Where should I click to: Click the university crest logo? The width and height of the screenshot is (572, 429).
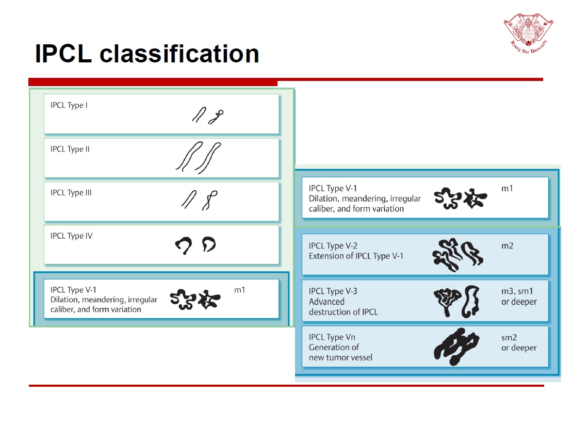[528, 32]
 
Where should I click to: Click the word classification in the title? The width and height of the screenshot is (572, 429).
[179, 54]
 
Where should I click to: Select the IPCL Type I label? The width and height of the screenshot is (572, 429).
[69, 105]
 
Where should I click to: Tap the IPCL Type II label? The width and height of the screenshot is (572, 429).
[70, 149]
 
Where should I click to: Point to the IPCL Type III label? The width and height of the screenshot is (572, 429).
[71, 193]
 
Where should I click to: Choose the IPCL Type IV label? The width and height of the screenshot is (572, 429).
[72, 236]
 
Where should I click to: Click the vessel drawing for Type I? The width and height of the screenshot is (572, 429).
[208, 115]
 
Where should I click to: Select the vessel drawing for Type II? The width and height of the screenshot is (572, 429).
[199, 158]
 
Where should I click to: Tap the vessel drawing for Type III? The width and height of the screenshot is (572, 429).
[200, 200]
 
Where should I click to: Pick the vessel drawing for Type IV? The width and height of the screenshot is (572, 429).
[195, 245]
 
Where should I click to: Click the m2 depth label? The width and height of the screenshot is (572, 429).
[507, 246]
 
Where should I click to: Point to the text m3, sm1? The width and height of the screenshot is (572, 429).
[517, 291]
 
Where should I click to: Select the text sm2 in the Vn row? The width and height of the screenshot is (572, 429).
[509, 337]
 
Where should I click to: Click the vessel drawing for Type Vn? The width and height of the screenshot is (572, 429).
[456, 346]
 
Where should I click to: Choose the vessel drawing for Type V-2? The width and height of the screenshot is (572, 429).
[458, 255]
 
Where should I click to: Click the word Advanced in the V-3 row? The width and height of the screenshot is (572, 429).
[326, 302]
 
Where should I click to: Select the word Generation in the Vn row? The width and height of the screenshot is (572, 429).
[330, 347]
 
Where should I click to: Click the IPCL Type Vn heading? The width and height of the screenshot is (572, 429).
[332, 337]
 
